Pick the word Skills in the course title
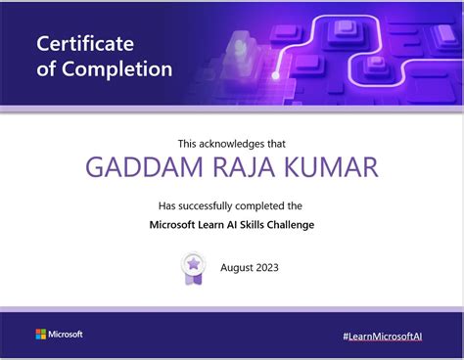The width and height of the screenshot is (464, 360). click(x=249, y=225)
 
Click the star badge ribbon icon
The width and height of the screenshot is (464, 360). click(x=194, y=267)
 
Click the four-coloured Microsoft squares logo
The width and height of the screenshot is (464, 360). click(x=41, y=335)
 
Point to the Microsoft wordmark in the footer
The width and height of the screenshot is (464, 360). click(x=67, y=335)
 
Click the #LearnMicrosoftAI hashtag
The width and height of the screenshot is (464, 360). click(x=383, y=336)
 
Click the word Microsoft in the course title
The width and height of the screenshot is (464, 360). click(x=169, y=225)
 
